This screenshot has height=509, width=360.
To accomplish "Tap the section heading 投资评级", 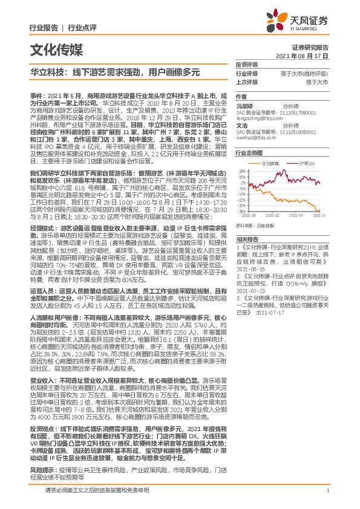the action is [x=246, y=65].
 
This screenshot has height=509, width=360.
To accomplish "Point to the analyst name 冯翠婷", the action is [x=244, y=105].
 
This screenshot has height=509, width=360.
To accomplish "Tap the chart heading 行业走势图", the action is [x=248, y=154].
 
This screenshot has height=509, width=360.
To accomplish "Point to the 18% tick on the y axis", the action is [x=242, y=171].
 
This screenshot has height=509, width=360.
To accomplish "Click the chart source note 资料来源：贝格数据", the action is [x=253, y=225].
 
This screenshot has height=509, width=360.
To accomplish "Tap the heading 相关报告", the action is [x=246, y=239].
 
